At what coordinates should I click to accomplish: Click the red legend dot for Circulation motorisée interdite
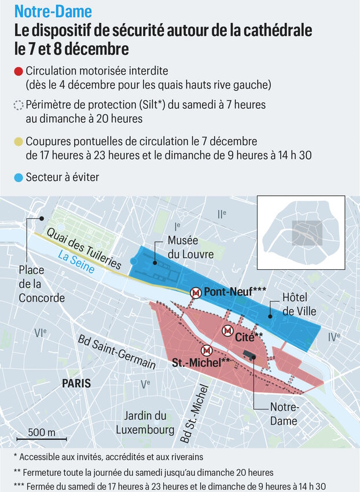(x=19, y=72)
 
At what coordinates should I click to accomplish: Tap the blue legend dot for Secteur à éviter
(x=19, y=178)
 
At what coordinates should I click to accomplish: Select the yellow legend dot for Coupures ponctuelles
(x=19, y=141)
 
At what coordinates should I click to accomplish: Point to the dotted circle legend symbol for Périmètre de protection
(x=19, y=106)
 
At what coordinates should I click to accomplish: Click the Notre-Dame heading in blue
(x=53, y=12)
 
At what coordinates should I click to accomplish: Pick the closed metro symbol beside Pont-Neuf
(x=196, y=293)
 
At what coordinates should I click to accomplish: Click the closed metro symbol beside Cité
(x=228, y=331)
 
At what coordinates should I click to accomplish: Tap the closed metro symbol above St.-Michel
(x=205, y=351)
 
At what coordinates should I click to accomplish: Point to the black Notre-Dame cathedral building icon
(x=249, y=355)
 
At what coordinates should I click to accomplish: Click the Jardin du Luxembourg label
(x=145, y=423)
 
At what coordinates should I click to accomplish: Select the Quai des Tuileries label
(x=83, y=248)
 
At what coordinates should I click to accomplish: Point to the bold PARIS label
(x=76, y=383)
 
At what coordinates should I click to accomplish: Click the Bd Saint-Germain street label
(x=117, y=352)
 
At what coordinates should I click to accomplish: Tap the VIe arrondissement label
(x=40, y=333)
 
